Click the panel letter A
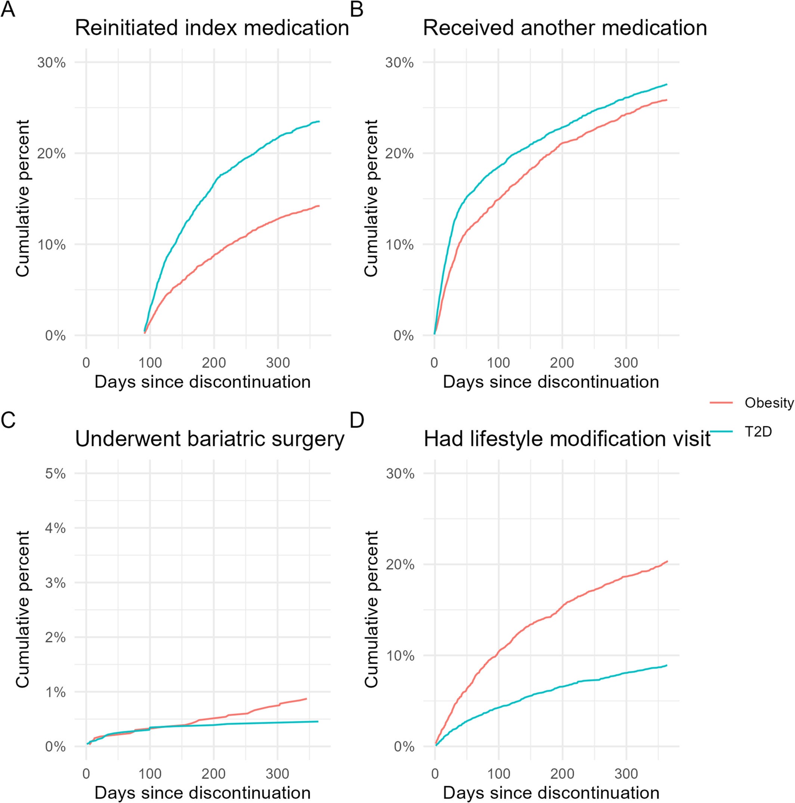click(x=8, y=9)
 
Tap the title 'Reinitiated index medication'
click(x=211, y=28)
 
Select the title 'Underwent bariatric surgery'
click(x=210, y=439)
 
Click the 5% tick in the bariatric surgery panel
click(x=55, y=473)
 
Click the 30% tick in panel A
click(x=52, y=63)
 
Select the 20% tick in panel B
click(x=400, y=154)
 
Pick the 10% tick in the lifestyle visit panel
click(x=400, y=656)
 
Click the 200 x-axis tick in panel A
click(x=214, y=363)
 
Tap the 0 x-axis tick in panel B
click(x=434, y=363)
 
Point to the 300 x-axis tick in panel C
click(x=278, y=773)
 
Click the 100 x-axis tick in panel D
click(x=498, y=773)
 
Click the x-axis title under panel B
click(x=551, y=382)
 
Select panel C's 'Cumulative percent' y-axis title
click(x=23, y=609)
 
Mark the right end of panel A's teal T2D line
click(x=319, y=121)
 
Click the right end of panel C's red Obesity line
click(x=306, y=699)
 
